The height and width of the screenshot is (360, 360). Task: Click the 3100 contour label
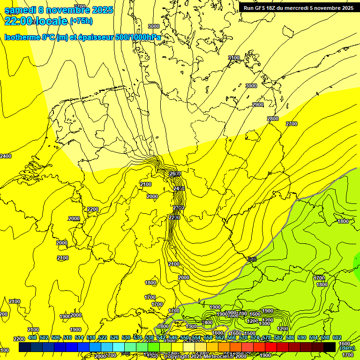tap(233, 58)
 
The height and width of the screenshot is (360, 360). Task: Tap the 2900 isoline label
tap(258, 105)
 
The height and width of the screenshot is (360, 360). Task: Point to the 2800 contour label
tap(272, 119)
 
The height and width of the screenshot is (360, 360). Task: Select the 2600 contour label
tap(175, 173)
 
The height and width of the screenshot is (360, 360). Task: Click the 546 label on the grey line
tap(252, 259)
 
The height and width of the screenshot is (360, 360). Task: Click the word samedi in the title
tap(22, 10)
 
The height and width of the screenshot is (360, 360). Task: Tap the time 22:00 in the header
tap(19, 21)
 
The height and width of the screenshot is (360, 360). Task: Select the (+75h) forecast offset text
tap(81, 21)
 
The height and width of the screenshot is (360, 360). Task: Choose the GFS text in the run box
tap(261, 8)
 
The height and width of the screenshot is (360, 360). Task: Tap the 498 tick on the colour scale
tap(32, 337)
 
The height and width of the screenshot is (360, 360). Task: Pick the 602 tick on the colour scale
tap(337, 337)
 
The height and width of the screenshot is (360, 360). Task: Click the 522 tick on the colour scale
tap(103, 337)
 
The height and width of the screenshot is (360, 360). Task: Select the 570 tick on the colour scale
tap(243, 337)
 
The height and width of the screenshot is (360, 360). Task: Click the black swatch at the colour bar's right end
tap(329, 347)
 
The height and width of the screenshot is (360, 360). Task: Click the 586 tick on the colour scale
tap(290, 337)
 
